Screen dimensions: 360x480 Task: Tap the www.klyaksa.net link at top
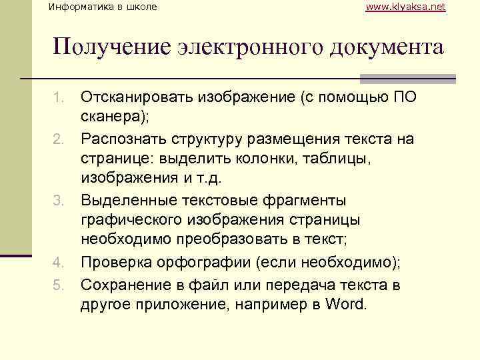click(x=406, y=7)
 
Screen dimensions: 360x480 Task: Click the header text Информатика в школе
click(x=104, y=7)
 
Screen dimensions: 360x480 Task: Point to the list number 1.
click(x=58, y=98)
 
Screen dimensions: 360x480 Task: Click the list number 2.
click(x=58, y=139)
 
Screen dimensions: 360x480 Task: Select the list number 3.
click(x=58, y=201)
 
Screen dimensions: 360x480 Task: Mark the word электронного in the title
click(x=243, y=47)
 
